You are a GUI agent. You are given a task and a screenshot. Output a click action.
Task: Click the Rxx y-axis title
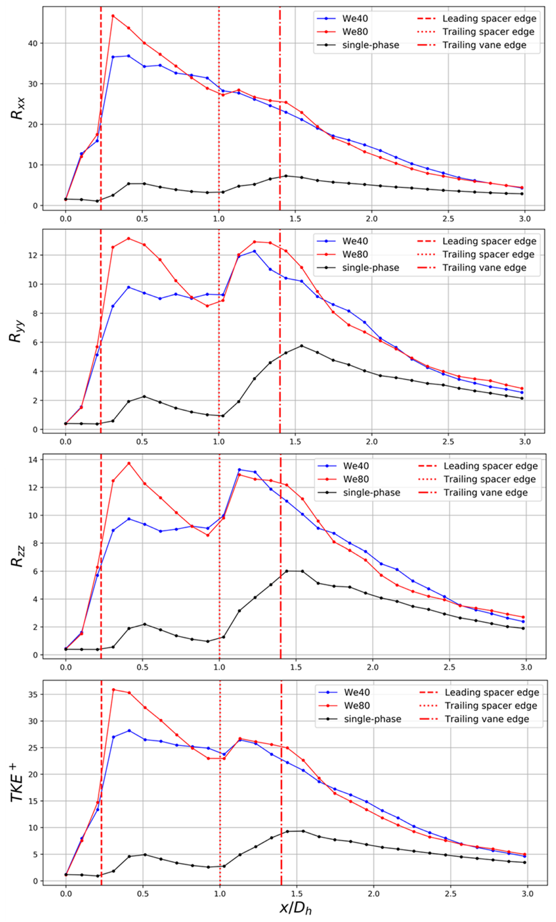(x=17, y=108)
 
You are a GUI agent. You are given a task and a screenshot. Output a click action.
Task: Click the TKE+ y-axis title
(x=17, y=783)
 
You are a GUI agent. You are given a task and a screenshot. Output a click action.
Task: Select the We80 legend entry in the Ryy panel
(x=355, y=254)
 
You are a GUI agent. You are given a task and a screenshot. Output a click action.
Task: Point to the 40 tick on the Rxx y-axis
(x=33, y=44)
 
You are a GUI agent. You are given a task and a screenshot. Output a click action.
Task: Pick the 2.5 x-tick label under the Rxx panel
(x=448, y=219)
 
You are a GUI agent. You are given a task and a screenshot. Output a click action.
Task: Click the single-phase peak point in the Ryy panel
(x=302, y=346)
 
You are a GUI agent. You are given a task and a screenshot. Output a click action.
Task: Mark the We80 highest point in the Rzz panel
(x=129, y=463)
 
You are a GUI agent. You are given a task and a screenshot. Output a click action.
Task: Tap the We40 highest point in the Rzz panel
(x=240, y=470)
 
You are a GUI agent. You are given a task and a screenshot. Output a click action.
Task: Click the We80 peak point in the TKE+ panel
(x=114, y=690)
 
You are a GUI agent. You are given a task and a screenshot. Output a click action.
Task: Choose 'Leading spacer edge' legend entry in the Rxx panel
(x=489, y=18)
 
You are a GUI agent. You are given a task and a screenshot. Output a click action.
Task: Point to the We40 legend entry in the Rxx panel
(x=354, y=18)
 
